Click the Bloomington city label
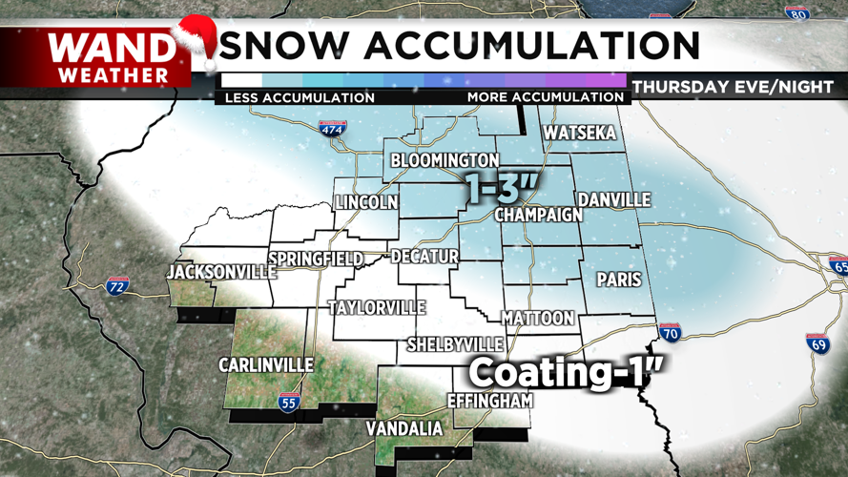pos(445,160)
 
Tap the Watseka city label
pos(579,133)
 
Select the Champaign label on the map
pos(538,216)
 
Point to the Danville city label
pos(614,199)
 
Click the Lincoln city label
pos(365,202)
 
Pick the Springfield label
pos(316,259)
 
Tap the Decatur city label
pos(425,257)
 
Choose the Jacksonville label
pos(221,272)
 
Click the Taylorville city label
pos(377,307)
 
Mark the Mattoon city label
pos(538,318)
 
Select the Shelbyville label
pos(455,343)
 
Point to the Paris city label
pos(619,280)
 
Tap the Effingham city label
pos(489,402)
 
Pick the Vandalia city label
pos(405,429)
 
